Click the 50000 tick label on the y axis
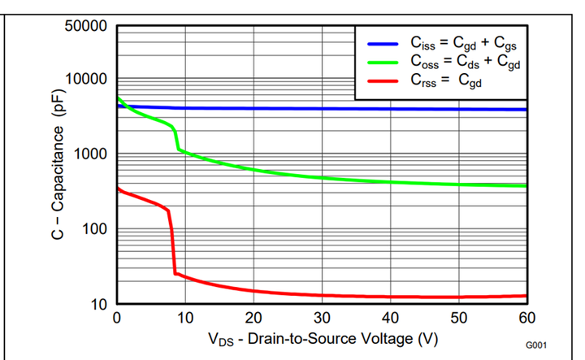(85, 25)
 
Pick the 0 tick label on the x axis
(118, 317)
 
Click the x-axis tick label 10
(186, 317)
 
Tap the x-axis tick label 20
(254, 317)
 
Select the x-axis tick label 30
(323, 317)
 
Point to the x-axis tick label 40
(391, 317)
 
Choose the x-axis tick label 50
(459, 317)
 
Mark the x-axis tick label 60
(526, 317)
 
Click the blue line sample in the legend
(383, 44)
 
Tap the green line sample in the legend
(383, 62)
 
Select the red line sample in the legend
(383, 80)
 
